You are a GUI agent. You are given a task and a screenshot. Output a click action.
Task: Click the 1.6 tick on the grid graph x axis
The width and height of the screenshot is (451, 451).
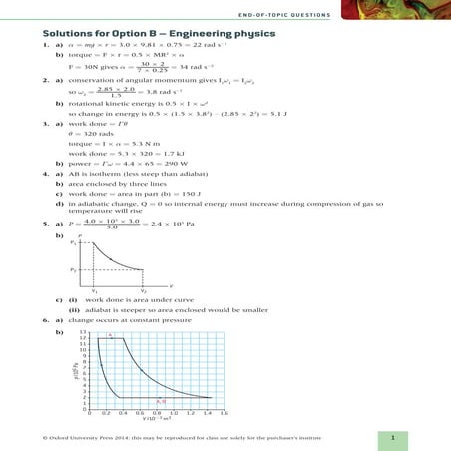pos(224,411)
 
